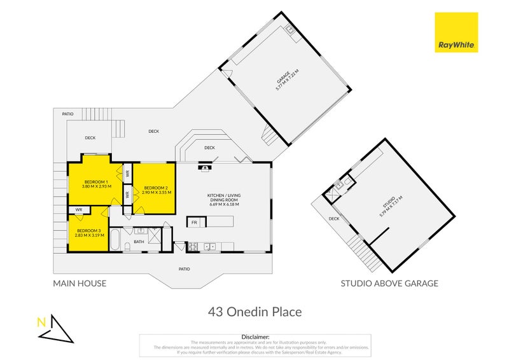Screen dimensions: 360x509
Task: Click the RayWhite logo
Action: point(456,32)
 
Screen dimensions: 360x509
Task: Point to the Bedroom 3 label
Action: point(89,230)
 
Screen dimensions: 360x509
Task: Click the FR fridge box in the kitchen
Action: point(194,223)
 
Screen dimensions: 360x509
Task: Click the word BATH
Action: point(139,242)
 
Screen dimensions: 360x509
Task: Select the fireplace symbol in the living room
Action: point(204,168)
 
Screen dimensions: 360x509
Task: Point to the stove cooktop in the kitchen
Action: point(193,246)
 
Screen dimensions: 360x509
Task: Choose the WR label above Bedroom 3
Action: point(78,209)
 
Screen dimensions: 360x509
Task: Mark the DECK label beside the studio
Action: point(334,219)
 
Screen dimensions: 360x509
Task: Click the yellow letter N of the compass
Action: point(42,322)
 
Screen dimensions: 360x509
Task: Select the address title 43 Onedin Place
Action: point(254,312)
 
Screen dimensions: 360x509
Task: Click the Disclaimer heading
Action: point(256,336)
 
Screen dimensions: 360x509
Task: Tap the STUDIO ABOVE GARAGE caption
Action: point(389,284)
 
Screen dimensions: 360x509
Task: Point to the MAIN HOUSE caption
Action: point(80,284)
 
